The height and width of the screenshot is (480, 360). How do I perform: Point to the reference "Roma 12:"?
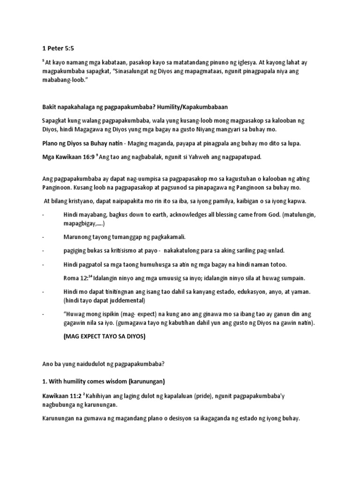pyautogui.click(x=75, y=277)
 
